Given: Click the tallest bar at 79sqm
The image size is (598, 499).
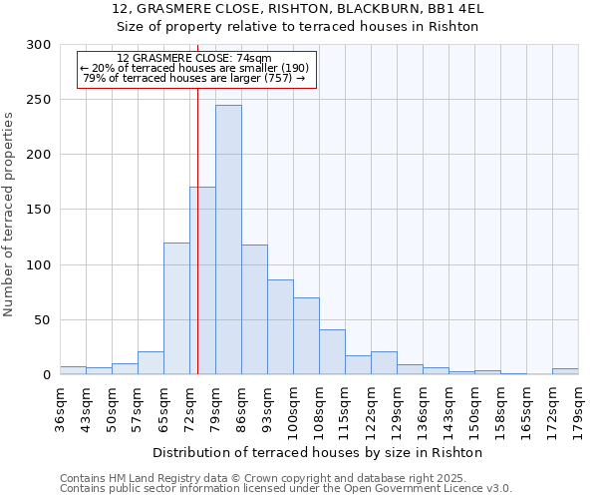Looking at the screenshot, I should coord(228,240).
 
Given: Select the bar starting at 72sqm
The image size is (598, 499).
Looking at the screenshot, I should coord(202,280).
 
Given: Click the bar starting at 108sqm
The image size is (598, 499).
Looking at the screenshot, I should coord(332,351).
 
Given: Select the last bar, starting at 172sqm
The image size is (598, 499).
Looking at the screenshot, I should coord(565,371).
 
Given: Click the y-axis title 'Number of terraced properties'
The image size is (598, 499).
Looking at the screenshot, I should coord(9,214).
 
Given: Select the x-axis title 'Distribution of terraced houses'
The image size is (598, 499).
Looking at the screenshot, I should coord(319,452).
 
